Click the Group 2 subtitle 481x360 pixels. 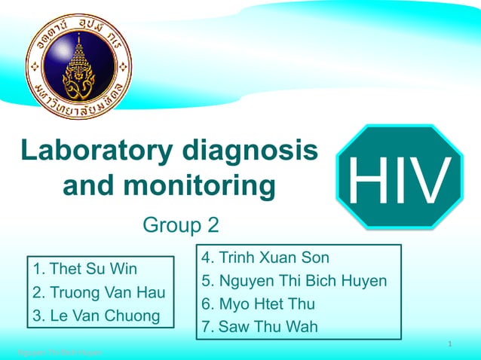pos(181,224)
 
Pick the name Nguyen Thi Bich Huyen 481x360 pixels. pos(302,282)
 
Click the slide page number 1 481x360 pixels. pos(449,344)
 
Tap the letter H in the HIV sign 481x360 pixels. pos(365,180)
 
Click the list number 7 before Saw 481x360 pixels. pos(207,327)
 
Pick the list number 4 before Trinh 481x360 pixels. pos(207,258)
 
